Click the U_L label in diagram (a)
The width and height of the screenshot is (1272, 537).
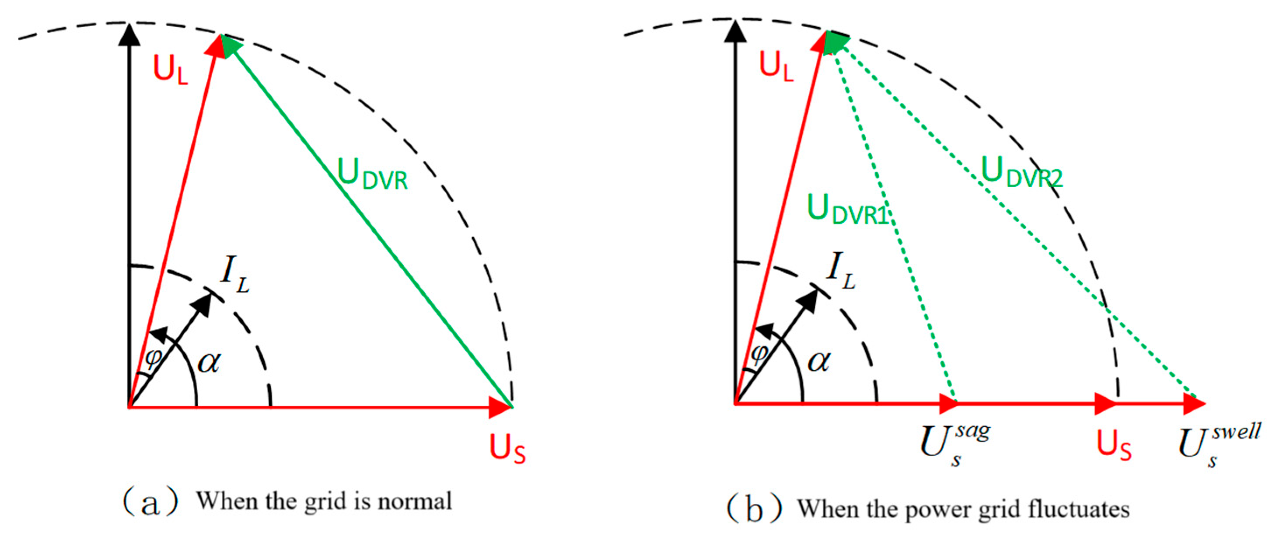(170, 70)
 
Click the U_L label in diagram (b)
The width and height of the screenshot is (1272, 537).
(776, 66)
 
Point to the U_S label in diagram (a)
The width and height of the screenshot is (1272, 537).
(507, 448)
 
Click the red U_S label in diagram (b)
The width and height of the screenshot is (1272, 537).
(1114, 445)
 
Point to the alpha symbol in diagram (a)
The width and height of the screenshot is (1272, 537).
(210, 363)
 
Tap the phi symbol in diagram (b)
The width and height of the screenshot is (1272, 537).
(760, 354)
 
